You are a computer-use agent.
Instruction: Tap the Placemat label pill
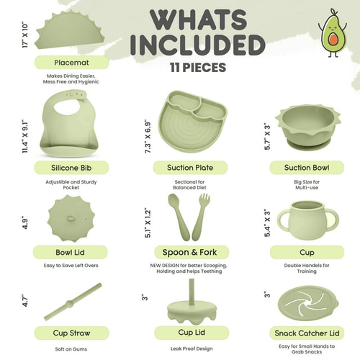click(x=72, y=63)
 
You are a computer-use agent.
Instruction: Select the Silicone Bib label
click(x=71, y=168)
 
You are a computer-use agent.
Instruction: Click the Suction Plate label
click(x=190, y=168)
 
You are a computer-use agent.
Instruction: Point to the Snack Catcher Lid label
click(x=307, y=333)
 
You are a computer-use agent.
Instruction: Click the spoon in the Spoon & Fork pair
click(x=178, y=216)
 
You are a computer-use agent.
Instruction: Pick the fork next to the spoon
click(x=200, y=216)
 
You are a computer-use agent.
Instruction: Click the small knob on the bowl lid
click(x=71, y=219)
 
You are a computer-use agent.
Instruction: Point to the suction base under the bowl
click(x=308, y=144)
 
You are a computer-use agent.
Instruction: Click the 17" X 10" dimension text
click(x=25, y=35)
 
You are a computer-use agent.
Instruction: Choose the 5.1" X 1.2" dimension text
click(x=148, y=224)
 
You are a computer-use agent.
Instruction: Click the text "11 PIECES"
click(x=198, y=68)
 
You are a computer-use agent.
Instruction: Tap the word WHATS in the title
click(x=198, y=19)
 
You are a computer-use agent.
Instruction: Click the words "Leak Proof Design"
click(x=192, y=348)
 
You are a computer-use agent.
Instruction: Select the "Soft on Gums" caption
click(x=71, y=349)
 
